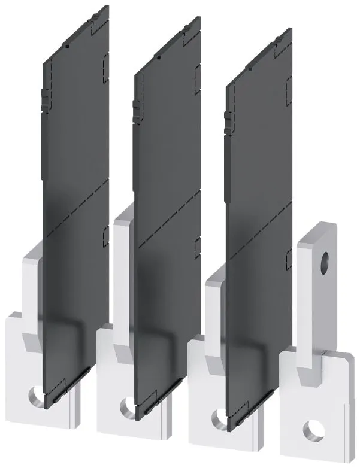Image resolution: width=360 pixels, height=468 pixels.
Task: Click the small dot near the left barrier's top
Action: point(68,45)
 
